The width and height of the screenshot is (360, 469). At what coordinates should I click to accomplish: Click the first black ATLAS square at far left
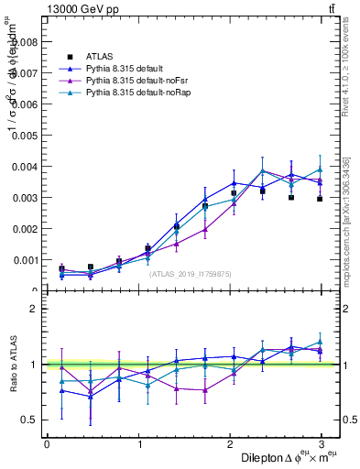[61, 268]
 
